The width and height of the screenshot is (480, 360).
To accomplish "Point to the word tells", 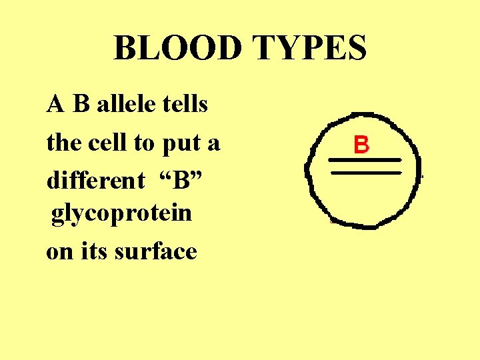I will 186,105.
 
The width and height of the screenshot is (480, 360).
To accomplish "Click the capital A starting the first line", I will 55,105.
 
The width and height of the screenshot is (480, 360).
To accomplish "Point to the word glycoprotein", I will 121,215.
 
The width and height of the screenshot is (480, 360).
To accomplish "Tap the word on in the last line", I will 59,253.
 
